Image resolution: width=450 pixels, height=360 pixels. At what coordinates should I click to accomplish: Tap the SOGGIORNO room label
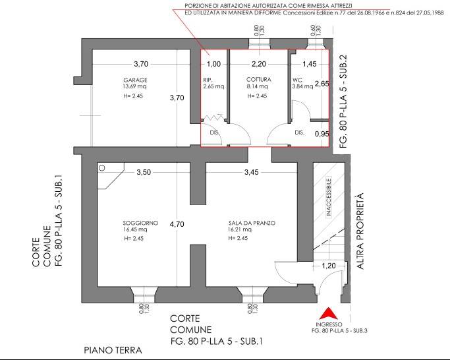(x=140, y=223)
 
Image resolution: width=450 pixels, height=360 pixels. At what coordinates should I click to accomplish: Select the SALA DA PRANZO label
(x=252, y=223)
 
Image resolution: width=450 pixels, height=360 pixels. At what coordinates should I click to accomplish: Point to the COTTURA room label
(x=258, y=80)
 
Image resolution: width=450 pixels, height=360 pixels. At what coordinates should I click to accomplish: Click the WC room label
(x=297, y=80)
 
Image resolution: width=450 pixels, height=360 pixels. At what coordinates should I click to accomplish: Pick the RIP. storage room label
(x=208, y=80)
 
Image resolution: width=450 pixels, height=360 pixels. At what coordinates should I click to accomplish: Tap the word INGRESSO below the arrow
(x=330, y=324)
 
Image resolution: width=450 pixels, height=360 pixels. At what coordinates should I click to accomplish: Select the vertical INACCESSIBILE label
(x=329, y=197)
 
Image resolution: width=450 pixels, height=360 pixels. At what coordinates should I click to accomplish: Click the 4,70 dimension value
(x=177, y=224)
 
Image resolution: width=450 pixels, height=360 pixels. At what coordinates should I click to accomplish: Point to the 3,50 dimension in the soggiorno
(x=144, y=172)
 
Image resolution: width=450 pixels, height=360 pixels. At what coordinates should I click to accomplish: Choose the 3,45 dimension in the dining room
(x=252, y=172)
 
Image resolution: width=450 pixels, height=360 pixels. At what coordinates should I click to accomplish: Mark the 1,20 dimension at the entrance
(x=328, y=266)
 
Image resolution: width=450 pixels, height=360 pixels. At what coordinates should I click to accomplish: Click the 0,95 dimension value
(x=322, y=134)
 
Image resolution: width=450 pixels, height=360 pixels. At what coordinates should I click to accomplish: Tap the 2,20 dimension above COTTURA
(x=259, y=64)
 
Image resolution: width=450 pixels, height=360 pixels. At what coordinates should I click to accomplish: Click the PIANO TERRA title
(x=113, y=350)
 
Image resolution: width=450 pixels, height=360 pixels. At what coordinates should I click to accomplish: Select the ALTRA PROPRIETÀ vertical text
(x=360, y=231)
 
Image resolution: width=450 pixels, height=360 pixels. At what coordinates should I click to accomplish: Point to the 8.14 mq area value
(x=257, y=86)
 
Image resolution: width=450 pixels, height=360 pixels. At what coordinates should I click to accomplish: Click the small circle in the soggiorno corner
(x=101, y=168)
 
